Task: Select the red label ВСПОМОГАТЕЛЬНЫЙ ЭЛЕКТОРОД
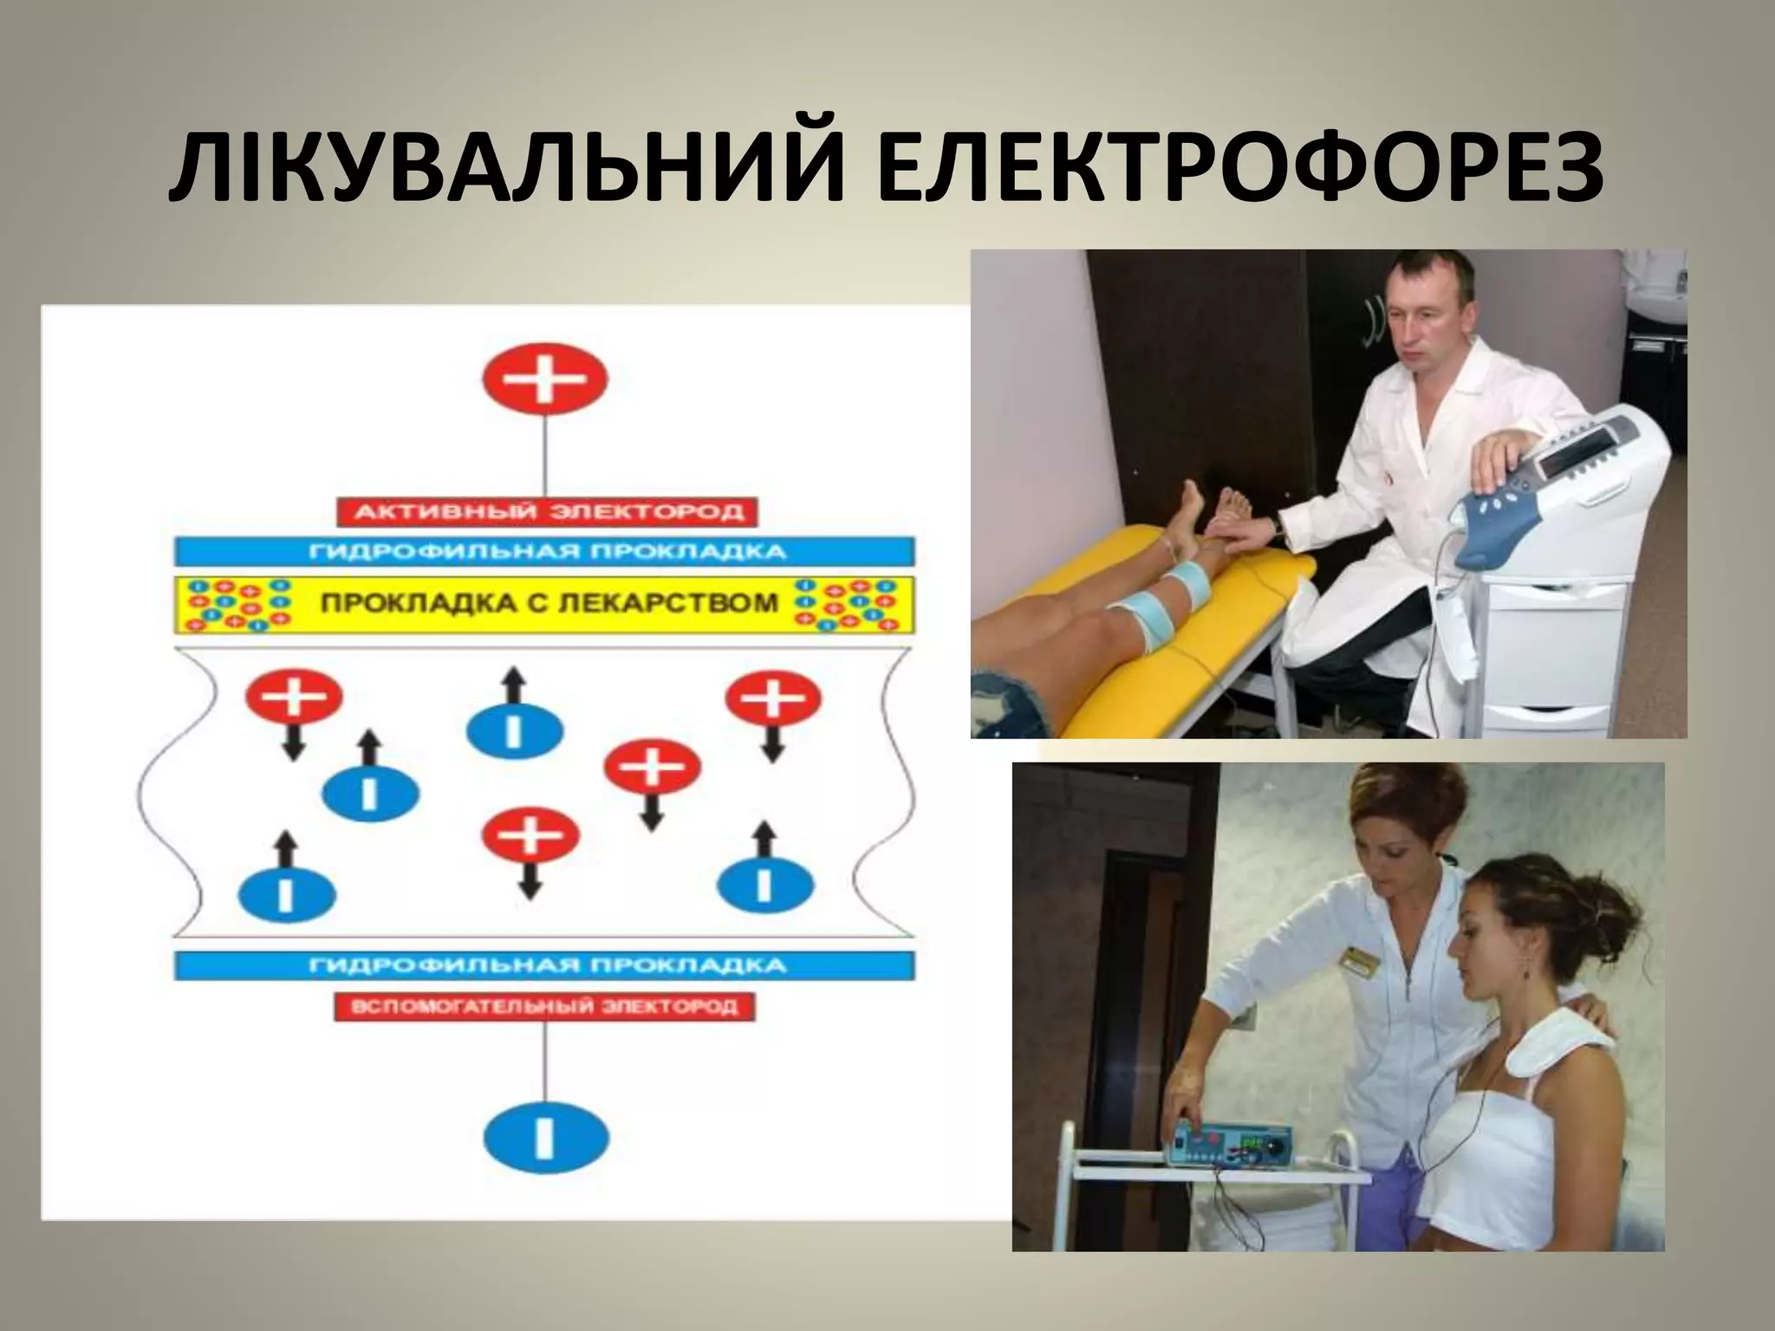[x=545, y=1007]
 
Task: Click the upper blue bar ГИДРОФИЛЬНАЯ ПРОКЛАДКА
[x=545, y=552]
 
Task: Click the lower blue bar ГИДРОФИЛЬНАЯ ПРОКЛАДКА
[x=545, y=965]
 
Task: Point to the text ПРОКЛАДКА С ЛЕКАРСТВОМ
[x=549, y=602]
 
